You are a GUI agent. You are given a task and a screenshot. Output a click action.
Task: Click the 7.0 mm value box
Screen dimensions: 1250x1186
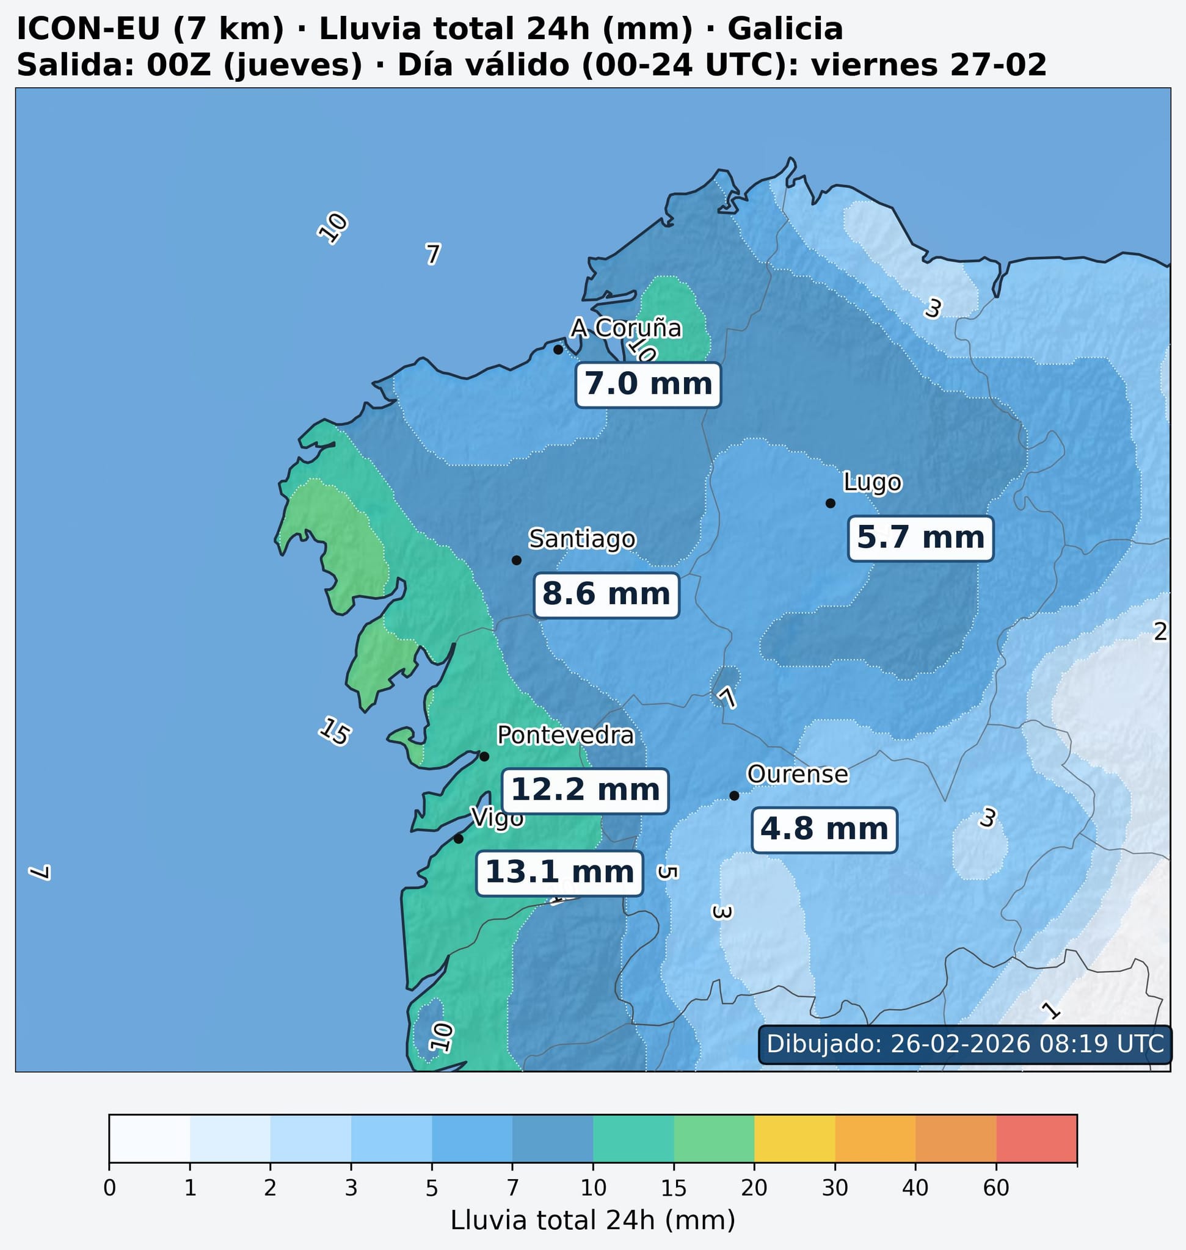pyautogui.click(x=648, y=385)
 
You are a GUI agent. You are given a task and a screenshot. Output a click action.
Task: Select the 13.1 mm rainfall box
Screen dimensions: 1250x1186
pyautogui.click(x=559, y=873)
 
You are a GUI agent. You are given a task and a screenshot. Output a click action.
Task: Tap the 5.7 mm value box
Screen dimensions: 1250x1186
pyautogui.click(x=920, y=538)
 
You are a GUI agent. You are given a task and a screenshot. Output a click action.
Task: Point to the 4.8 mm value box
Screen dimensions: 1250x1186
pyautogui.click(x=824, y=829)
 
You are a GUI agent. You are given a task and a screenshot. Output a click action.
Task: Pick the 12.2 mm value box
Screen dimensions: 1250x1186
pyautogui.click(x=585, y=790)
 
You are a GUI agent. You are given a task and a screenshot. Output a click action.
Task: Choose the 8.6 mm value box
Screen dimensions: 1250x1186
pyautogui.click(x=606, y=594)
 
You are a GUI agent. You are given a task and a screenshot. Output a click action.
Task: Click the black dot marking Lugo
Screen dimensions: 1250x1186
pyautogui.click(x=831, y=503)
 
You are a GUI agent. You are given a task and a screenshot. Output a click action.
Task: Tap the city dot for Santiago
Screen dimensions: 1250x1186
pyautogui.click(x=516, y=560)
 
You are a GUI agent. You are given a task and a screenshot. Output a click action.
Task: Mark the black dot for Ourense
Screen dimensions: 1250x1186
pyautogui.click(x=734, y=796)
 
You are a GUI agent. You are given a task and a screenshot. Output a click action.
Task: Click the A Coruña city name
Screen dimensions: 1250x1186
pyautogui.click(x=626, y=328)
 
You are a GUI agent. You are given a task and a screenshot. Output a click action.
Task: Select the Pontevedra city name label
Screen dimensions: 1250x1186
pyautogui.click(x=565, y=735)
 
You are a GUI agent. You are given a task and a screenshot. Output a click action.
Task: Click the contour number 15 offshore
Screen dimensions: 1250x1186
pyautogui.click(x=334, y=731)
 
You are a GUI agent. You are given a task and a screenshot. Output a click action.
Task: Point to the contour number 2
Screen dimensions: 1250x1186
pyautogui.click(x=1160, y=631)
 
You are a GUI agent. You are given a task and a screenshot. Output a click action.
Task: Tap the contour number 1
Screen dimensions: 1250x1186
pyautogui.click(x=1050, y=1010)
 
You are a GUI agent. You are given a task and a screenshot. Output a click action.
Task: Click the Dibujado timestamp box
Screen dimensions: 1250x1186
pyautogui.click(x=965, y=1043)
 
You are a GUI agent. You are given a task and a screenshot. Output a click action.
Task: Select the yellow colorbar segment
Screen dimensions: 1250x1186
pyautogui.click(x=795, y=1138)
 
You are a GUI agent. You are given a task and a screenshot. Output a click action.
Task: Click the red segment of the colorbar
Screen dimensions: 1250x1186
pyautogui.click(x=1036, y=1138)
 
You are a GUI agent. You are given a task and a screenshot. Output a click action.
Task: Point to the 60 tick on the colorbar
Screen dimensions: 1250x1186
pyautogui.click(x=995, y=1188)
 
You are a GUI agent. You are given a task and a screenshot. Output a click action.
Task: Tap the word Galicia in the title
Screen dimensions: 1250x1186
pyautogui.click(x=785, y=29)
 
